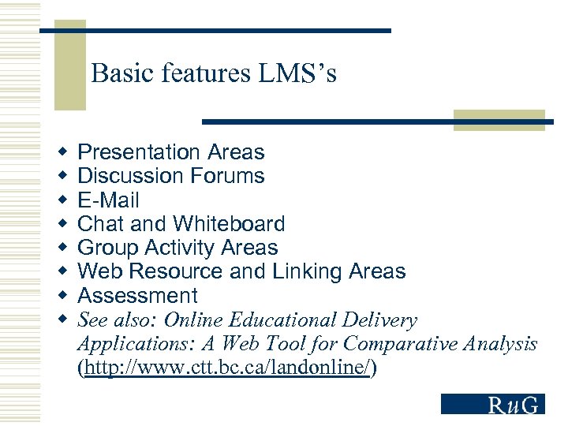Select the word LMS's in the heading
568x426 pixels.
tap(297, 73)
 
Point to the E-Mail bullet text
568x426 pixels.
tap(108, 200)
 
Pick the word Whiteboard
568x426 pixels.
tap(229, 224)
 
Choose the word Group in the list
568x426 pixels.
tap(107, 248)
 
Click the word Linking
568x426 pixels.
tap(308, 271)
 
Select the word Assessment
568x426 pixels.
tap(137, 296)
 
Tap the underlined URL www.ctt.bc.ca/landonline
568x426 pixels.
tap(227, 368)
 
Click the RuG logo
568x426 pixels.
tap(492, 404)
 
